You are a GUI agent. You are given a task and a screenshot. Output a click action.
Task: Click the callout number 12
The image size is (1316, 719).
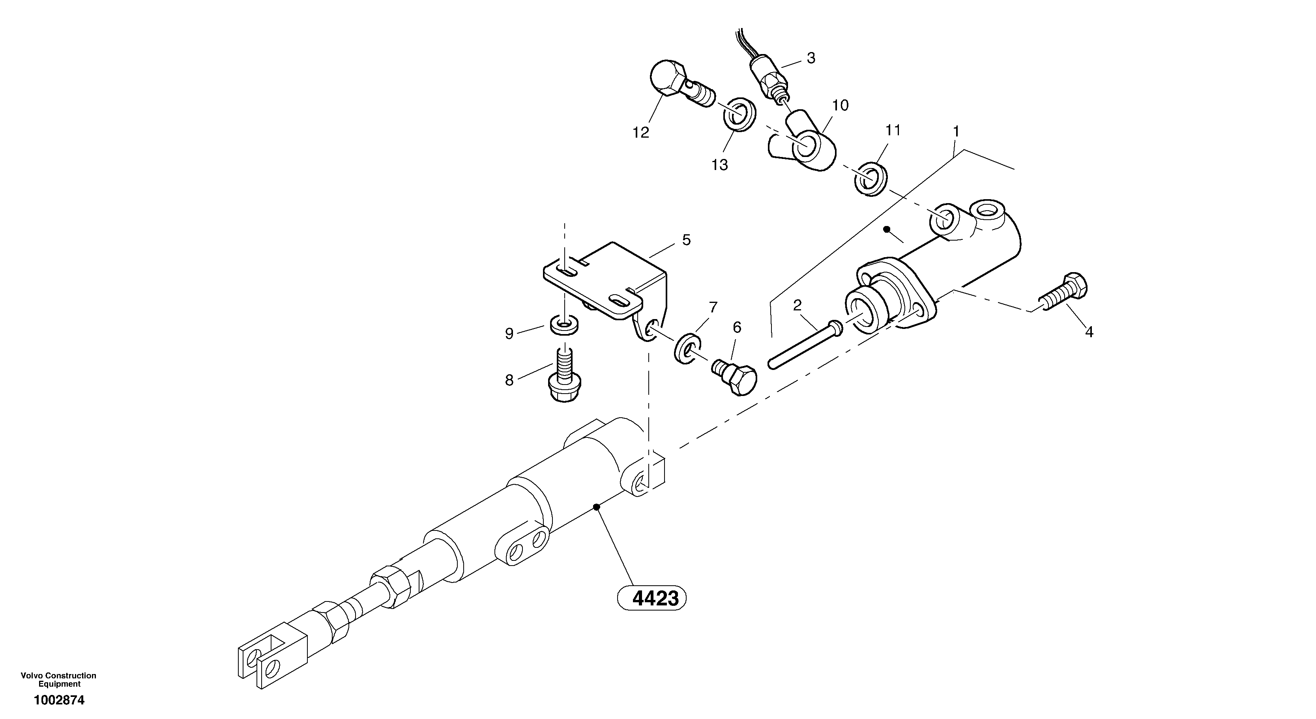point(640,133)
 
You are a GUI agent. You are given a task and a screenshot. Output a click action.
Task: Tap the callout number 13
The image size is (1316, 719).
point(719,165)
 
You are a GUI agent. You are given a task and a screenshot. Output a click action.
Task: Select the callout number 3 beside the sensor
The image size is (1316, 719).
point(811,58)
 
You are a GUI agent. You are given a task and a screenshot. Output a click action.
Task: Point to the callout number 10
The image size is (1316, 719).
point(841,106)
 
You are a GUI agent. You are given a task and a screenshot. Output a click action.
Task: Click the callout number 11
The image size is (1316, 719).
point(893,131)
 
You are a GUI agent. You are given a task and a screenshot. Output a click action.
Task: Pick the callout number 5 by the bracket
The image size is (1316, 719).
point(686,240)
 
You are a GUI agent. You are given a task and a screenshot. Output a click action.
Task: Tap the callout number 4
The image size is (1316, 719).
point(1089,332)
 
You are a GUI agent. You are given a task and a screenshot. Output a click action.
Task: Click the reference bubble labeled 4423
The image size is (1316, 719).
point(652,598)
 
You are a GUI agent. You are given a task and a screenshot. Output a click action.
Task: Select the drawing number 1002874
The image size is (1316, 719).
point(59,700)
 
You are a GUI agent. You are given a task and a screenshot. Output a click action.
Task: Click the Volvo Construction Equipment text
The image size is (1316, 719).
point(59,680)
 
